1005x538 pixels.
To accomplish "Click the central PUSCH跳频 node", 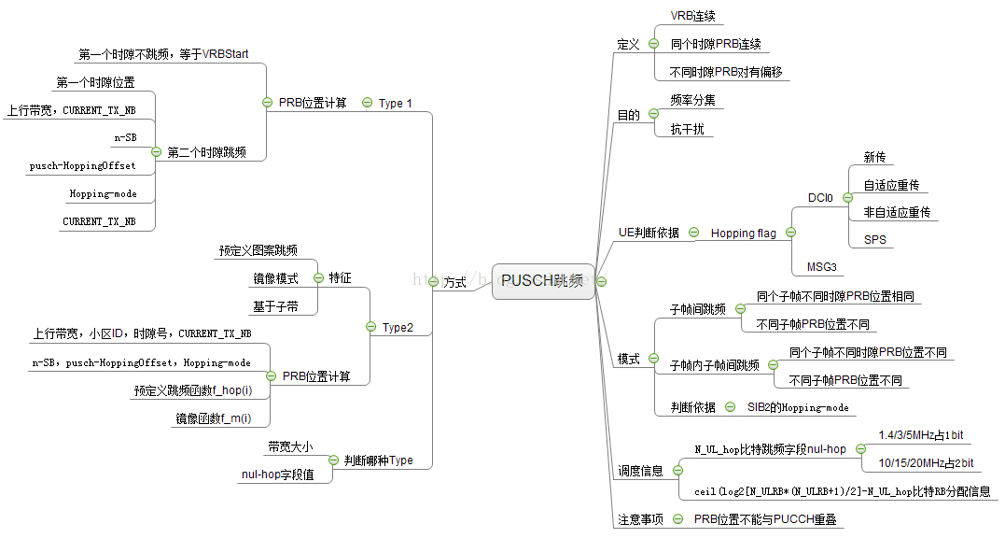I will (542, 281).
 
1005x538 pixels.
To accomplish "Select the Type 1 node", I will (395, 104).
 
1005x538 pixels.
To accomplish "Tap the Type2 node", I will (398, 328).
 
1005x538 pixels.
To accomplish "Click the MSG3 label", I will (821, 267).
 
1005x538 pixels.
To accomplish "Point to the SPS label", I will (874, 240).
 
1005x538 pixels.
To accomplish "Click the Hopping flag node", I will (744, 233).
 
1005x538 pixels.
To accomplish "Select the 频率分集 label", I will (692, 100).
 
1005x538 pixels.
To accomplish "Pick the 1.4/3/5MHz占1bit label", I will (920, 435).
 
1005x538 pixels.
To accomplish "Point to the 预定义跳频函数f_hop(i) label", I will (193, 390).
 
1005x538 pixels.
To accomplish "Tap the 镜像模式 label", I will (275, 278).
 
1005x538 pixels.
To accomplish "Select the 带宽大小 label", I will (290, 446).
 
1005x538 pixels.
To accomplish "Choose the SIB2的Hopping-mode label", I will (796, 407).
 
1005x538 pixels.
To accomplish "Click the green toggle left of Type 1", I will (367, 104).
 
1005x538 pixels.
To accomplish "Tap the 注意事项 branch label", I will (640, 519).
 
